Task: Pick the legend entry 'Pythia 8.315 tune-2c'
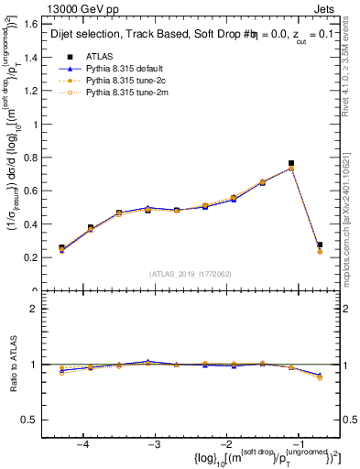click(125, 80)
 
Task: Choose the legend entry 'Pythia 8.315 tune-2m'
click(126, 92)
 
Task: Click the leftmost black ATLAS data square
click(61, 248)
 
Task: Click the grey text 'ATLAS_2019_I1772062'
click(190, 274)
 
